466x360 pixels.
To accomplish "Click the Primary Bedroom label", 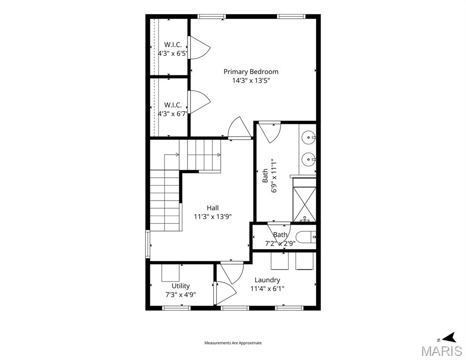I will [251, 72].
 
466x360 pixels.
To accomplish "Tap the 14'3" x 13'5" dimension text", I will [251, 81].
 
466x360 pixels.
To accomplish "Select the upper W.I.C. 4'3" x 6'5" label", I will [173, 49].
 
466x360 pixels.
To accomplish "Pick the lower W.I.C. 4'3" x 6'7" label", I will [173, 109].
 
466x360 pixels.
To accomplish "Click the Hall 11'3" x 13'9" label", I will [212, 212].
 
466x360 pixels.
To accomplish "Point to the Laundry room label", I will [267, 280].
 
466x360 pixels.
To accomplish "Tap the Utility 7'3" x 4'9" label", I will [180, 290].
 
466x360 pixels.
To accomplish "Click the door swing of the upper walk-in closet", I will [199, 48].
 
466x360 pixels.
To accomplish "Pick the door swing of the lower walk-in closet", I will [199, 102].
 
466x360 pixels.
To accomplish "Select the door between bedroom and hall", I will [239, 129].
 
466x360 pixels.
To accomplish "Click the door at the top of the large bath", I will [270, 132].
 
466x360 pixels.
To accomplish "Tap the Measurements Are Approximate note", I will [233, 343].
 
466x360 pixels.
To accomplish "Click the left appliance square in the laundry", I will [279, 261].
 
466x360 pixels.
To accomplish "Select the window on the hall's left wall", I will [148, 244].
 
